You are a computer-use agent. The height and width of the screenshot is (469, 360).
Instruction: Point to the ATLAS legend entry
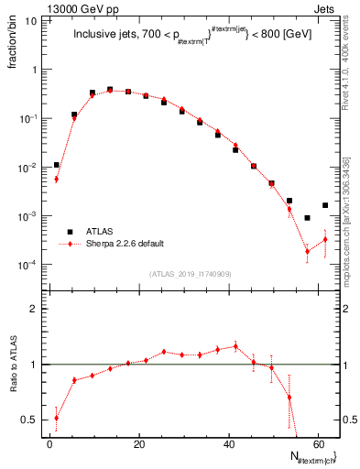[x=102, y=232]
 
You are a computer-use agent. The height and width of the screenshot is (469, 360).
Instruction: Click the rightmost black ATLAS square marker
[x=325, y=205]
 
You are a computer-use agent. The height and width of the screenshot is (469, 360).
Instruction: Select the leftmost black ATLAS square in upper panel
[x=57, y=165]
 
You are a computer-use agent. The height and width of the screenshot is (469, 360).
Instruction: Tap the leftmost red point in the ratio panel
[x=57, y=418]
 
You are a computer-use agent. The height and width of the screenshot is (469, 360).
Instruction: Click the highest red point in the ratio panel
[x=235, y=346]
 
